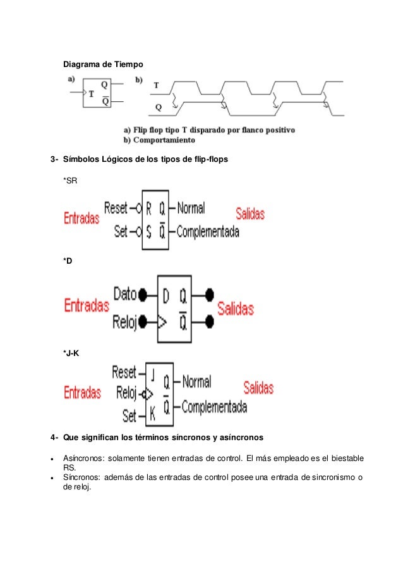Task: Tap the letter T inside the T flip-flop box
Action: [x=91, y=94]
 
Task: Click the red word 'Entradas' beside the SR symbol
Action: [x=81, y=219]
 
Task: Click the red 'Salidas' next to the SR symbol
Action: [x=250, y=214]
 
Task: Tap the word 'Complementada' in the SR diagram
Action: [x=208, y=232]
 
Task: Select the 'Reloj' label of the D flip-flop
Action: [x=126, y=321]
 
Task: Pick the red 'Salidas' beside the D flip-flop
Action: [x=235, y=309]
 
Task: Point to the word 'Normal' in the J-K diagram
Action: [x=196, y=381]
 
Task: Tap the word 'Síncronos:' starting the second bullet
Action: [x=82, y=477]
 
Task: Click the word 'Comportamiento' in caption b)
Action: [x=164, y=140]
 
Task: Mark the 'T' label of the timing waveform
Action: [x=156, y=84]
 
